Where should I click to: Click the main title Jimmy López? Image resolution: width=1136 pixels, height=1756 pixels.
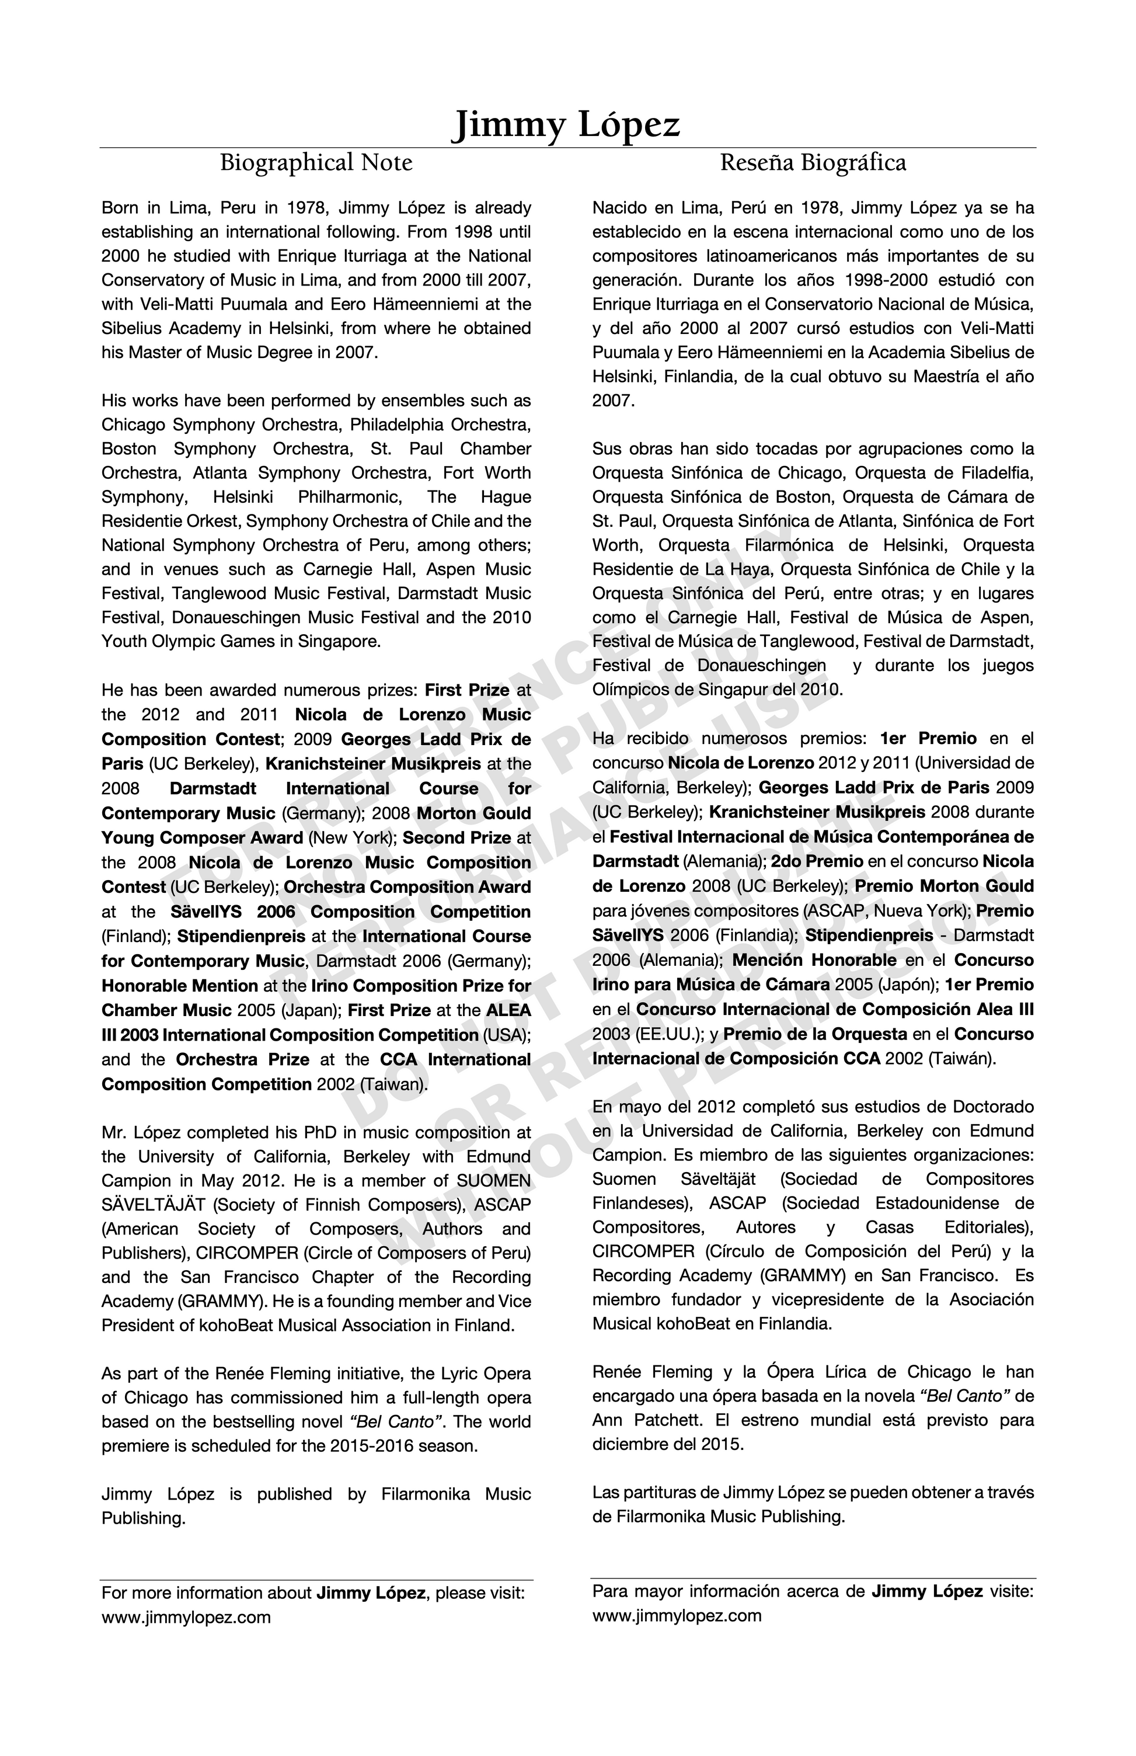[566, 125]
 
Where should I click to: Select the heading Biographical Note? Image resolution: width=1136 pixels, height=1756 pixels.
[316, 162]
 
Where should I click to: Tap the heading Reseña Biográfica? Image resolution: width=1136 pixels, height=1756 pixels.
[813, 162]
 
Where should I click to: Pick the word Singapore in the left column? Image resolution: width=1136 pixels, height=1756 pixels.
[339, 641]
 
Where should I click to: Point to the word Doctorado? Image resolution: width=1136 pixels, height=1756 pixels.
[993, 1107]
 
